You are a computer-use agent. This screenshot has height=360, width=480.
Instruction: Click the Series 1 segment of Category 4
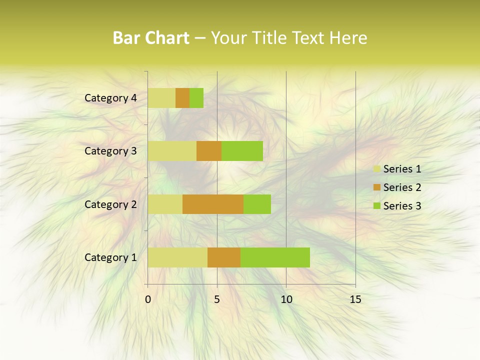tap(161, 98)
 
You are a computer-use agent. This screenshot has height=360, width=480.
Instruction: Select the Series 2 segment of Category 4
tap(182, 98)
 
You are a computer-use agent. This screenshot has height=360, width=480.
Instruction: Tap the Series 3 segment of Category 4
tap(196, 98)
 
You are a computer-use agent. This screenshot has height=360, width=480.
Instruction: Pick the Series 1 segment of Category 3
tap(172, 151)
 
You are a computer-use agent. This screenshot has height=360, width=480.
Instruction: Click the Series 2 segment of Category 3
tap(209, 151)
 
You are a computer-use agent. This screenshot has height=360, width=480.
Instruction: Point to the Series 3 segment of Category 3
tap(242, 151)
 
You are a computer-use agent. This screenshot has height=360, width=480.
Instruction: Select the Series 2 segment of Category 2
tap(213, 204)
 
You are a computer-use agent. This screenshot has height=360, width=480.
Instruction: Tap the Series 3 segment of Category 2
tap(257, 204)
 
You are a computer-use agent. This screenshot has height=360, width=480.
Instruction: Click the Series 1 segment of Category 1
tap(177, 257)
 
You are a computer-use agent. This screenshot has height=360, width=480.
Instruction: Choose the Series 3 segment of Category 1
tap(275, 257)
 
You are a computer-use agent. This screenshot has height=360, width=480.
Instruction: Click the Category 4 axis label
tap(110, 98)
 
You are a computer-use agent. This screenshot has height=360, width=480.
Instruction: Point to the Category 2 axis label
tap(110, 204)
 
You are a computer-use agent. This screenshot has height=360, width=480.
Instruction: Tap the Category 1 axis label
tap(110, 257)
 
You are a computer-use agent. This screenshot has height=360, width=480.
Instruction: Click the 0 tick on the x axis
tap(148, 299)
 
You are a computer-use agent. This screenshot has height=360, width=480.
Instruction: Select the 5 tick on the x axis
tap(217, 299)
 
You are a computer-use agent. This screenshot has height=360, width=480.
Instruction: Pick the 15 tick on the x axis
tap(355, 299)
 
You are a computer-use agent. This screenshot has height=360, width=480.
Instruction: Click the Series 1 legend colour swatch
tap(376, 169)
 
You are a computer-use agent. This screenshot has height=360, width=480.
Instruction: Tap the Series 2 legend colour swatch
tap(376, 187)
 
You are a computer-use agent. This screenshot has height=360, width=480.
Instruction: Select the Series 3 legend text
tap(402, 206)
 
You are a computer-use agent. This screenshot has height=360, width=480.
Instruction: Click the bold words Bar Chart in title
tap(151, 38)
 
